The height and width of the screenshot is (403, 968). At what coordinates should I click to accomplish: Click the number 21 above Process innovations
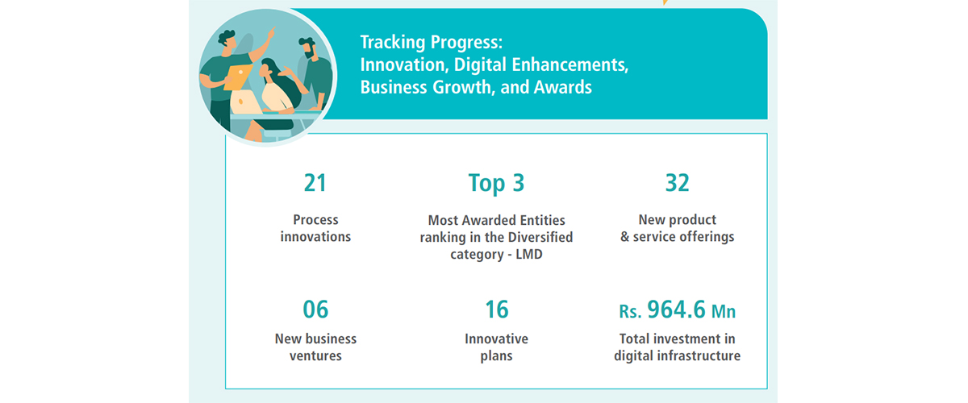click(x=315, y=183)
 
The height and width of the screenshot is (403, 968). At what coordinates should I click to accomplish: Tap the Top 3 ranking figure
click(x=496, y=184)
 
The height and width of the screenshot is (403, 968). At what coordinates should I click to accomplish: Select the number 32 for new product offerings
click(x=677, y=183)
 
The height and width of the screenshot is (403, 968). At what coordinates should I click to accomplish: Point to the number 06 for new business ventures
click(x=315, y=310)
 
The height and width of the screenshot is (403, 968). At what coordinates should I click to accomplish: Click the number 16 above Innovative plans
click(x=497, y=310)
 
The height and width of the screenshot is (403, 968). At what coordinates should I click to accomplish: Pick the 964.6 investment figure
click(x=676, y=310)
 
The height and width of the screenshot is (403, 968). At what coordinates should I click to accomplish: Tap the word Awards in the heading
click(x=563, y=87)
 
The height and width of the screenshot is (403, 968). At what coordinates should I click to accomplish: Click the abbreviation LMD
click(x=529, y=254)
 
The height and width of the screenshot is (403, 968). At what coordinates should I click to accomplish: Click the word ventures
click(x=315, y=356)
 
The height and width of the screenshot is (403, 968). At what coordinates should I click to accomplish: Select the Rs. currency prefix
click(x=630, y=311)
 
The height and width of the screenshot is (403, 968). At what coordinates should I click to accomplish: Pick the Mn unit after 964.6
click(x=724, y=311)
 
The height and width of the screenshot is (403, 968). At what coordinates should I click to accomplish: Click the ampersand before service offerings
click(x=625, y=237)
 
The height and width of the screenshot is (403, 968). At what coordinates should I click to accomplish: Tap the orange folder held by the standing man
click(x=238, y=77)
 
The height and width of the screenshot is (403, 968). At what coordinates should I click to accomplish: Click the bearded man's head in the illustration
click(x=307, y=48)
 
